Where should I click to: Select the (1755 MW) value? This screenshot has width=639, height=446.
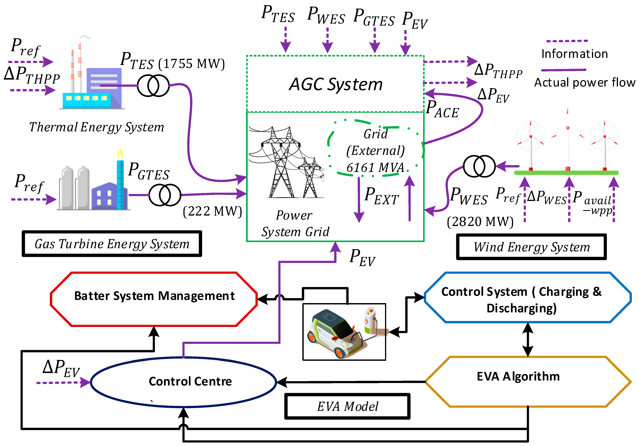tap(192, 64)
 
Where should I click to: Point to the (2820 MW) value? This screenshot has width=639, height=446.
tap(480, 222)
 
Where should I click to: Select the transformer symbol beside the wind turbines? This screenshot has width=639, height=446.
tap(479, 166)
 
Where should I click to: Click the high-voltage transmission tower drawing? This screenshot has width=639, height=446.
tap(286, 162)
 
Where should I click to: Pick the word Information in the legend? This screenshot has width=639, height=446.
tap(574, 54)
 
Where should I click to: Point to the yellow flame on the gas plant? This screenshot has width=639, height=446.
tap(120, 154)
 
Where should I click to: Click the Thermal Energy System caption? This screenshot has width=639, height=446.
tap(97, 127)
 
